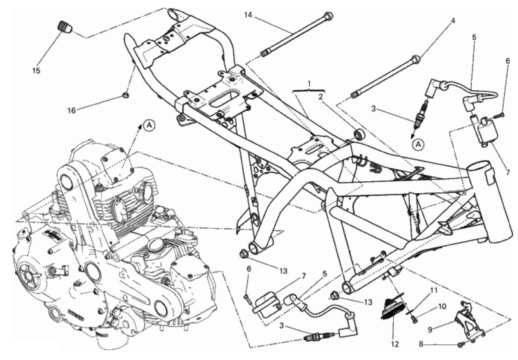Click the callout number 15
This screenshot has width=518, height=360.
[36, 70]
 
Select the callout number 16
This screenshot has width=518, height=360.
[72, 111]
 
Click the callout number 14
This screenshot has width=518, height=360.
[248, 15]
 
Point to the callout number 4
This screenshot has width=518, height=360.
[453, 21]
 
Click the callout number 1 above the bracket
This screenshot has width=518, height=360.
[309, 83]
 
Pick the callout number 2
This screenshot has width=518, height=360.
[320, 97]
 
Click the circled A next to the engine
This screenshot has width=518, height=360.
[149, 126]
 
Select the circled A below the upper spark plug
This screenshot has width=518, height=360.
[418, 145]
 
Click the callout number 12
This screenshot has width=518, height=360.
[395, 344]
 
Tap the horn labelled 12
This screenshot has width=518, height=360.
[393, 309]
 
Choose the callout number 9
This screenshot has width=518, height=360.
[430, 330]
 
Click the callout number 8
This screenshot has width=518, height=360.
[421, 344]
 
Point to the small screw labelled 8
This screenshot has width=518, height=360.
[460, 345]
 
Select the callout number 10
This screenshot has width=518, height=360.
[442, 307]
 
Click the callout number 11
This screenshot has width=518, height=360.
[434, 291]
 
